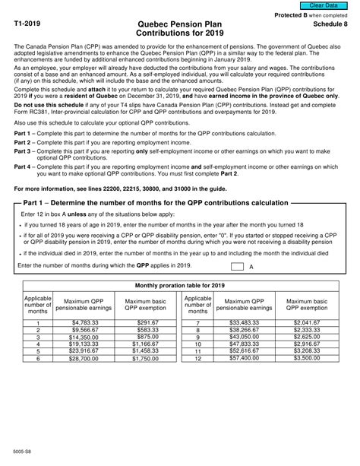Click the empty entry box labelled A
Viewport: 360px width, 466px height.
pos(237,266)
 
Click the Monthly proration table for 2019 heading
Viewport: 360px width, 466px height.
pos(179,285)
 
